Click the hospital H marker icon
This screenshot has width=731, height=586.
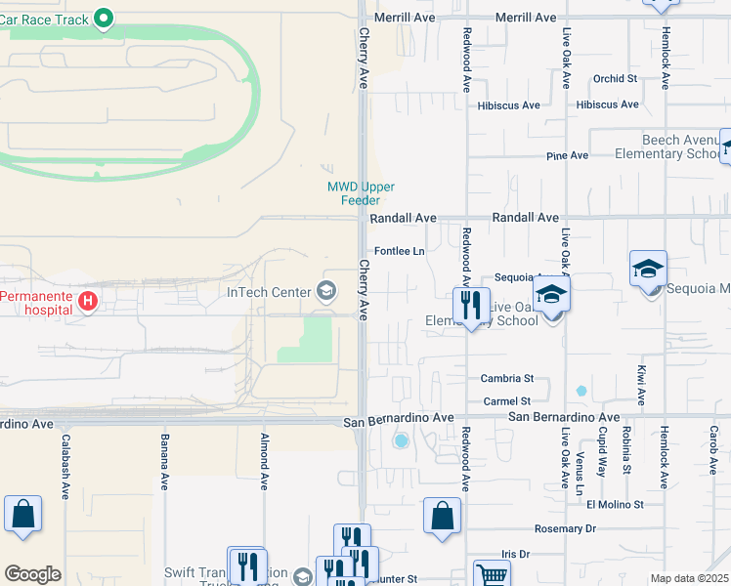pos(87,301)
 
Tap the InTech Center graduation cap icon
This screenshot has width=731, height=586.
pos(325,291)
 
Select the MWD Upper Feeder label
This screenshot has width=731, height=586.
pos(352,193)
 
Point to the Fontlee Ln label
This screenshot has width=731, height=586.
pos(400,251)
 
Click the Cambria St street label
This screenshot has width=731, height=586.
pos(507,378)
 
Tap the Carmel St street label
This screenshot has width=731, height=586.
pos(506,401)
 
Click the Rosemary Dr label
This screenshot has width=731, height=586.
pos(565,528)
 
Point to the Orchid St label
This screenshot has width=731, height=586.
pos(615,78)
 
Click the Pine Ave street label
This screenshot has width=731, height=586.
pos(567,155)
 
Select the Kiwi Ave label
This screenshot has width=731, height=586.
pos(642,385)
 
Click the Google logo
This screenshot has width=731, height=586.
pos(32,574)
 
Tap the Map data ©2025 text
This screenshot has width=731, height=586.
pos(688,578)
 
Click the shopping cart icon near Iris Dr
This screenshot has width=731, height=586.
pos(491,573)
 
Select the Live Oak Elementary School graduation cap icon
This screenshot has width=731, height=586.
pos(551,293)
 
